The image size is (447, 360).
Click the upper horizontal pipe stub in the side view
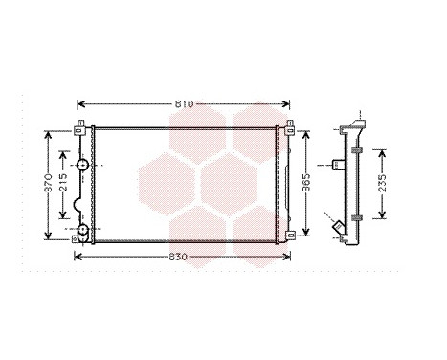pos(336,164)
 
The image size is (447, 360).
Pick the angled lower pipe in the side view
pos(339,228)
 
